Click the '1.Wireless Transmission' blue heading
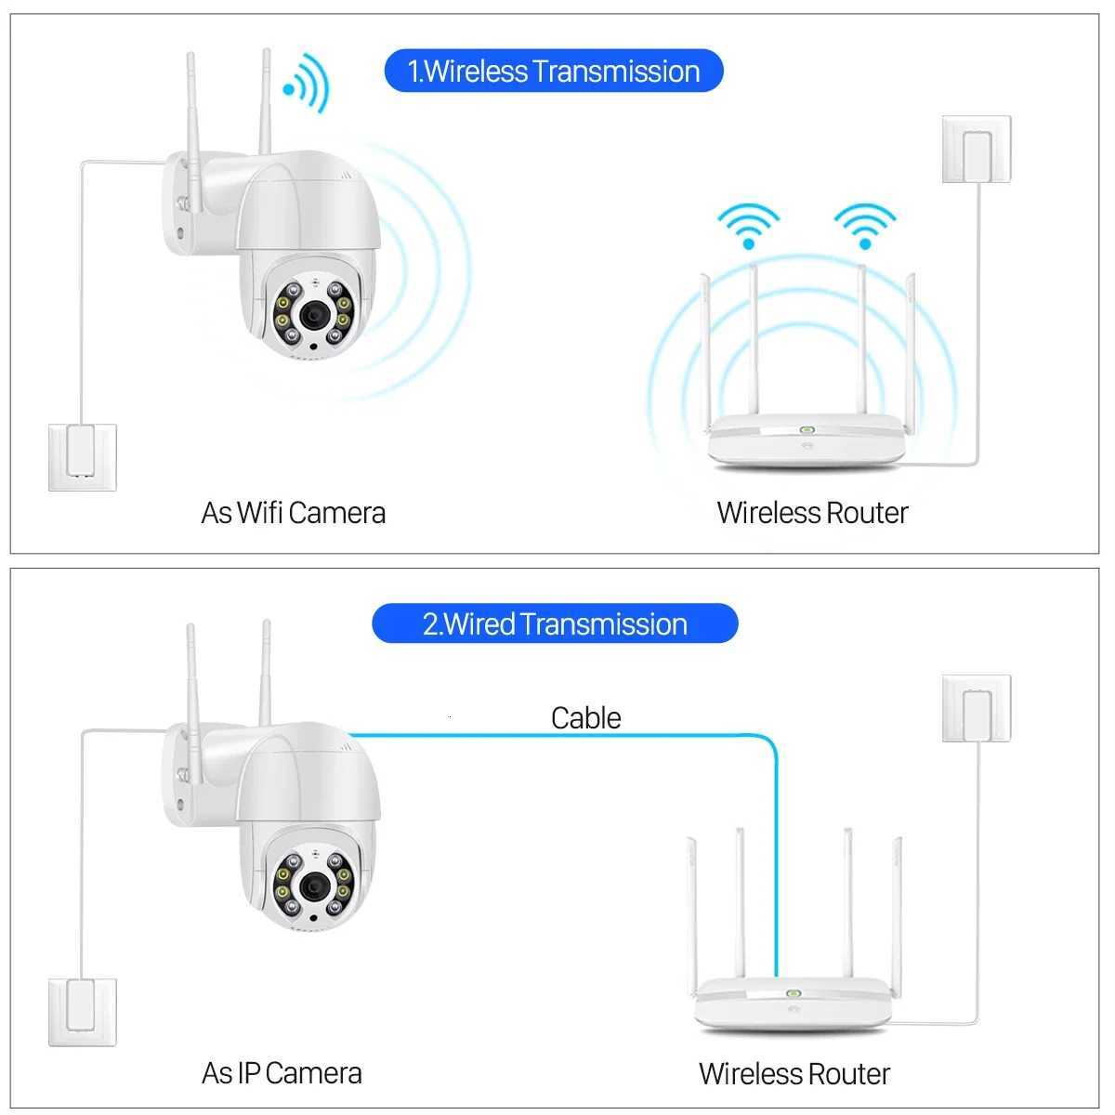[x=554, y=72]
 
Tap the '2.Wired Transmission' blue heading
[x=555, y=623]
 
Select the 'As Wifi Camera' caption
[x=293, y=513]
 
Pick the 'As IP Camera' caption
[x=282, y=1073]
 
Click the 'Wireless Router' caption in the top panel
[x=812, y=513]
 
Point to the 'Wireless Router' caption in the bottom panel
[x=794, y=1073]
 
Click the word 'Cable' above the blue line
[x=585, y=718]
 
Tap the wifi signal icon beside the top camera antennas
[x=308, y=83]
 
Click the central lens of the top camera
[x=312, y=316]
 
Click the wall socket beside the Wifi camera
[x=83, y=456]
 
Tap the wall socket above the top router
[x=976, y=150]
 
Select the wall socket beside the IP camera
[x=83, y=1011]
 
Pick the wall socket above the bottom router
[x=976, y=708]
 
